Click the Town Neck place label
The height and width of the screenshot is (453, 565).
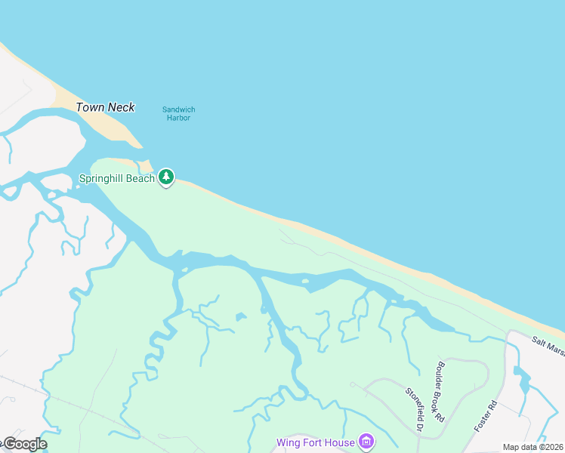coord(105,107)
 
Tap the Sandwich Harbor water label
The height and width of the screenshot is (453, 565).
coord(178,113)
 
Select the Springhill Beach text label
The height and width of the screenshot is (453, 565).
coord(116,179)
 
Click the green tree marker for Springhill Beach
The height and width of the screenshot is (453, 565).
coord(166,177)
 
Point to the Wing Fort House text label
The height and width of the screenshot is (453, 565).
coord(315,442)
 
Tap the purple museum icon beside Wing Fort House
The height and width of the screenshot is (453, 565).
coord(366,441)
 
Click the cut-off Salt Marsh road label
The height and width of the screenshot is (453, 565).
coord(548,347)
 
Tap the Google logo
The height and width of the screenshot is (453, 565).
coord(24,444)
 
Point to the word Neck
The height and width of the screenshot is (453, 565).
coord(121,107)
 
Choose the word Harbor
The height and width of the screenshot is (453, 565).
coord(178,118)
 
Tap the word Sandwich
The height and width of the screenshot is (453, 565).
coord(178,109)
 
